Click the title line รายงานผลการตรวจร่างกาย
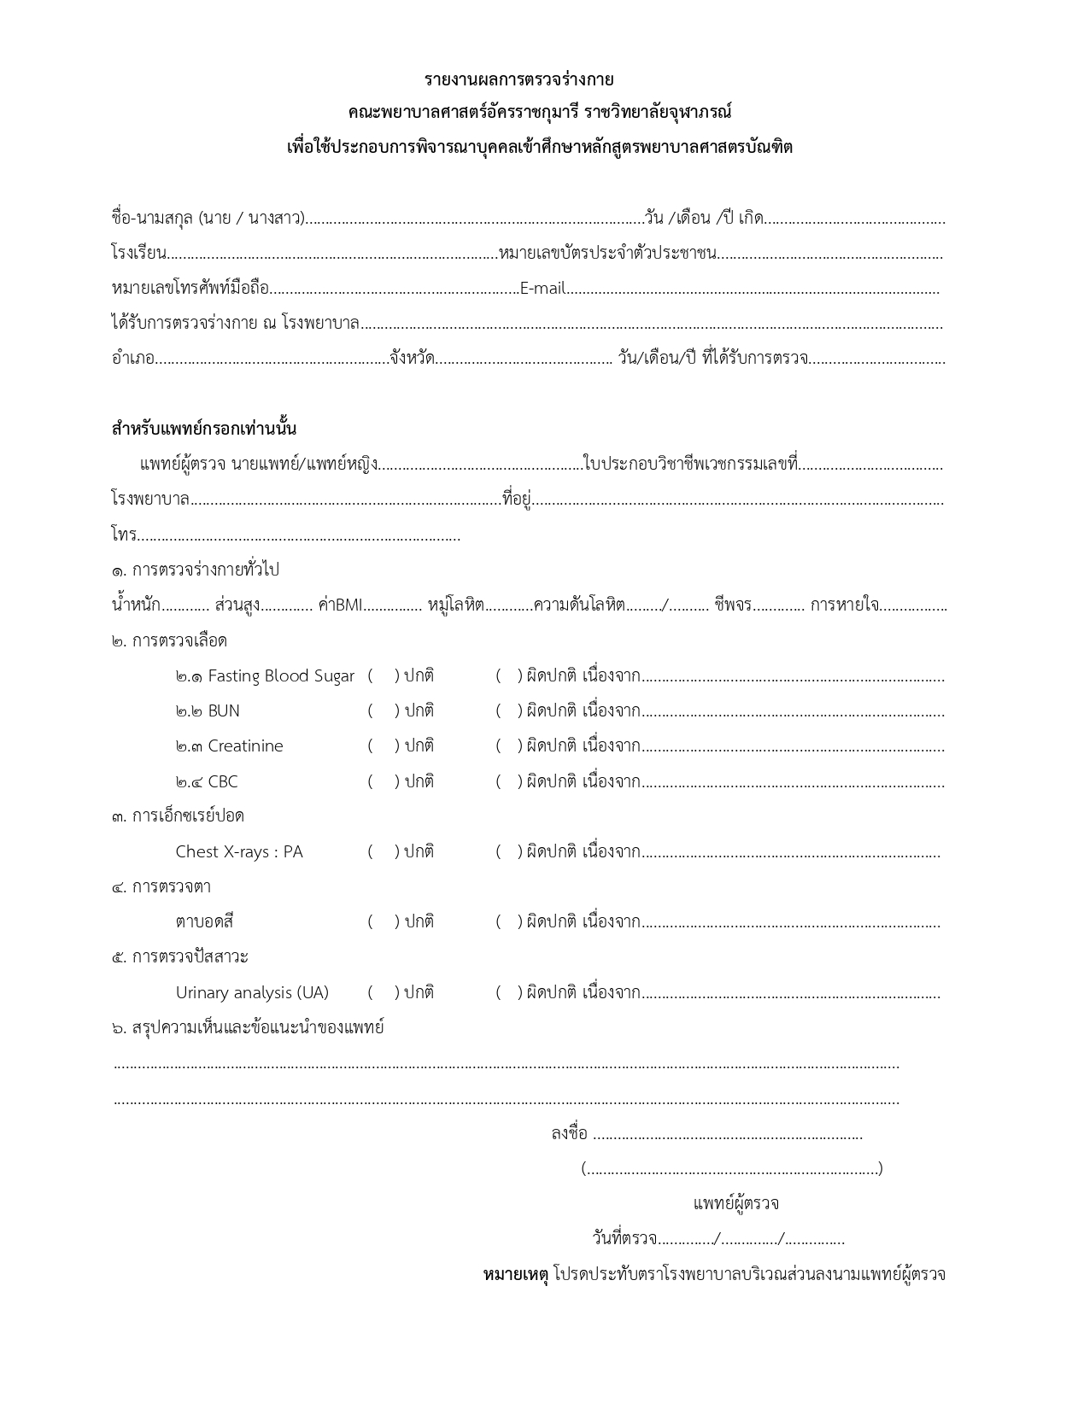[519, 79]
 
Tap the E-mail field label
[542, 289]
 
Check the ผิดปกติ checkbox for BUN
[508, 710]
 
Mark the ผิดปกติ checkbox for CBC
[508, 781]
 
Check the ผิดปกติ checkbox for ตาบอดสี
[508, 921]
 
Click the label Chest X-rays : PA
[239, 851]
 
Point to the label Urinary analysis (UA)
[252, 992]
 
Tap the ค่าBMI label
[340, 605]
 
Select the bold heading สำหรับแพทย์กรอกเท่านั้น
[204, 428]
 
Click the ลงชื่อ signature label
[570, 1133]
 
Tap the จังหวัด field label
[412, 359]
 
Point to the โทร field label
[124, 535]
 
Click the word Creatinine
[245, 745]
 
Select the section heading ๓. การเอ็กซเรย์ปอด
[178, 816]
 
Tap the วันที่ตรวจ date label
[624, 1238]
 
